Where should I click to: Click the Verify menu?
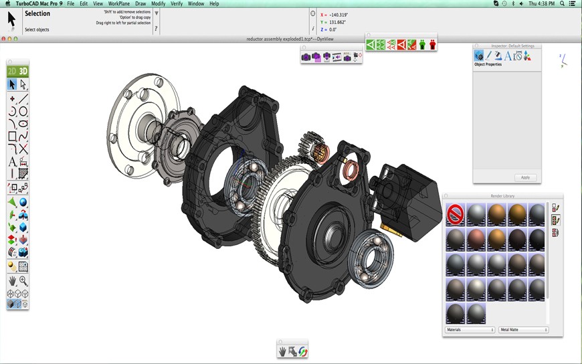[x=177, y=3]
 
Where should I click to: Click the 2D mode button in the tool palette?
[x=12, y=71]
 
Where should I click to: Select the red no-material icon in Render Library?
[x=456, y=215]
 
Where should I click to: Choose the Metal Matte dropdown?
[x=523, y=330]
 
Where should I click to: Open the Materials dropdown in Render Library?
[x=470, y=330]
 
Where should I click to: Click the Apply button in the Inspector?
[x=525, y=177]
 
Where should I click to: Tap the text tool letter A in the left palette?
[x=12, y=162]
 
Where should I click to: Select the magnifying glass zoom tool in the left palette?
[x=23, y=281]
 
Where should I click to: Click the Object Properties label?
[x=488, y=64]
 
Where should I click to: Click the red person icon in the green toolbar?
[x=433, y=45]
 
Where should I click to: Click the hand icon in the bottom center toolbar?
[x=283, y=351]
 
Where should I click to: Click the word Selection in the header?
[x=37, y=13]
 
